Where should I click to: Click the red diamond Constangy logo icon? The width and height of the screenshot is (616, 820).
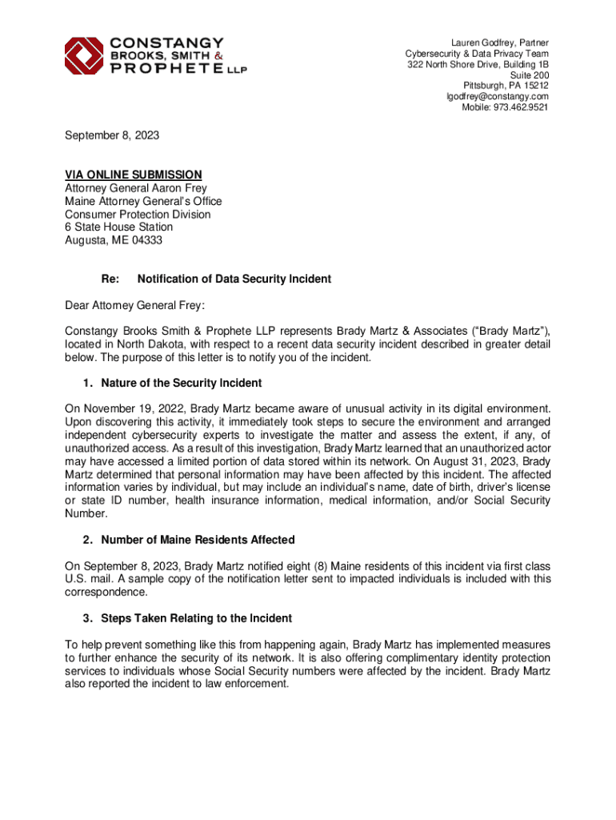point(84,55)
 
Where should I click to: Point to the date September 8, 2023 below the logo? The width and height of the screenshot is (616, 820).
point(112,135)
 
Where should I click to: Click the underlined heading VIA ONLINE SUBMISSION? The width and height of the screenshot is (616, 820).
point(133,175)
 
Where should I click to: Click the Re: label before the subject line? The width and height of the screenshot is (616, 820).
point(110,279)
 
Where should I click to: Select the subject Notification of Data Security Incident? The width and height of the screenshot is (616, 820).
point(234,279)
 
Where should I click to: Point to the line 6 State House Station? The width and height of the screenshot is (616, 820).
point(118,227)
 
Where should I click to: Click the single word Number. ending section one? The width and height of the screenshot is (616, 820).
point(84,514)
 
